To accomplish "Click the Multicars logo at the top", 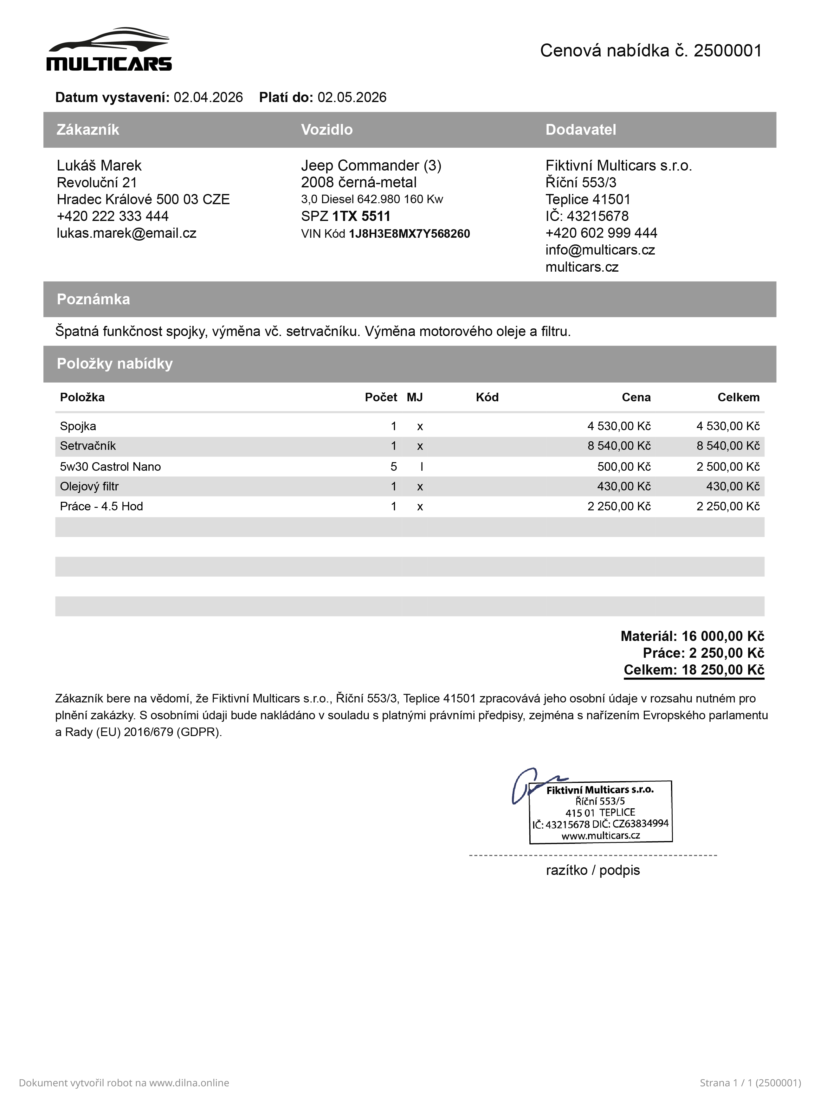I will [109, 50].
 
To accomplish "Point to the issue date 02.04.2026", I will [208, 97].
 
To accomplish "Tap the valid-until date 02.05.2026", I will [352, 97].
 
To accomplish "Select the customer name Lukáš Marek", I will [99, 165].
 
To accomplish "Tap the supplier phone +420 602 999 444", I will [601, 233].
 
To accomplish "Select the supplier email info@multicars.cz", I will [600, 250].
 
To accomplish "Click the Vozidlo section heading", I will [326, 130].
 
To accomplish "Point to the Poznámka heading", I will [93, 299].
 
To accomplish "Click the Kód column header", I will [487, 397].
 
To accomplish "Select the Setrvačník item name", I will [88, 446].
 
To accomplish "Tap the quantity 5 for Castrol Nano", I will [394, 467].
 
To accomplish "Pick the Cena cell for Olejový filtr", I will [623, 487].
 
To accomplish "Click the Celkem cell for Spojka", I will [728, 426].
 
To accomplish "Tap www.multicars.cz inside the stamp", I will [601, 836].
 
